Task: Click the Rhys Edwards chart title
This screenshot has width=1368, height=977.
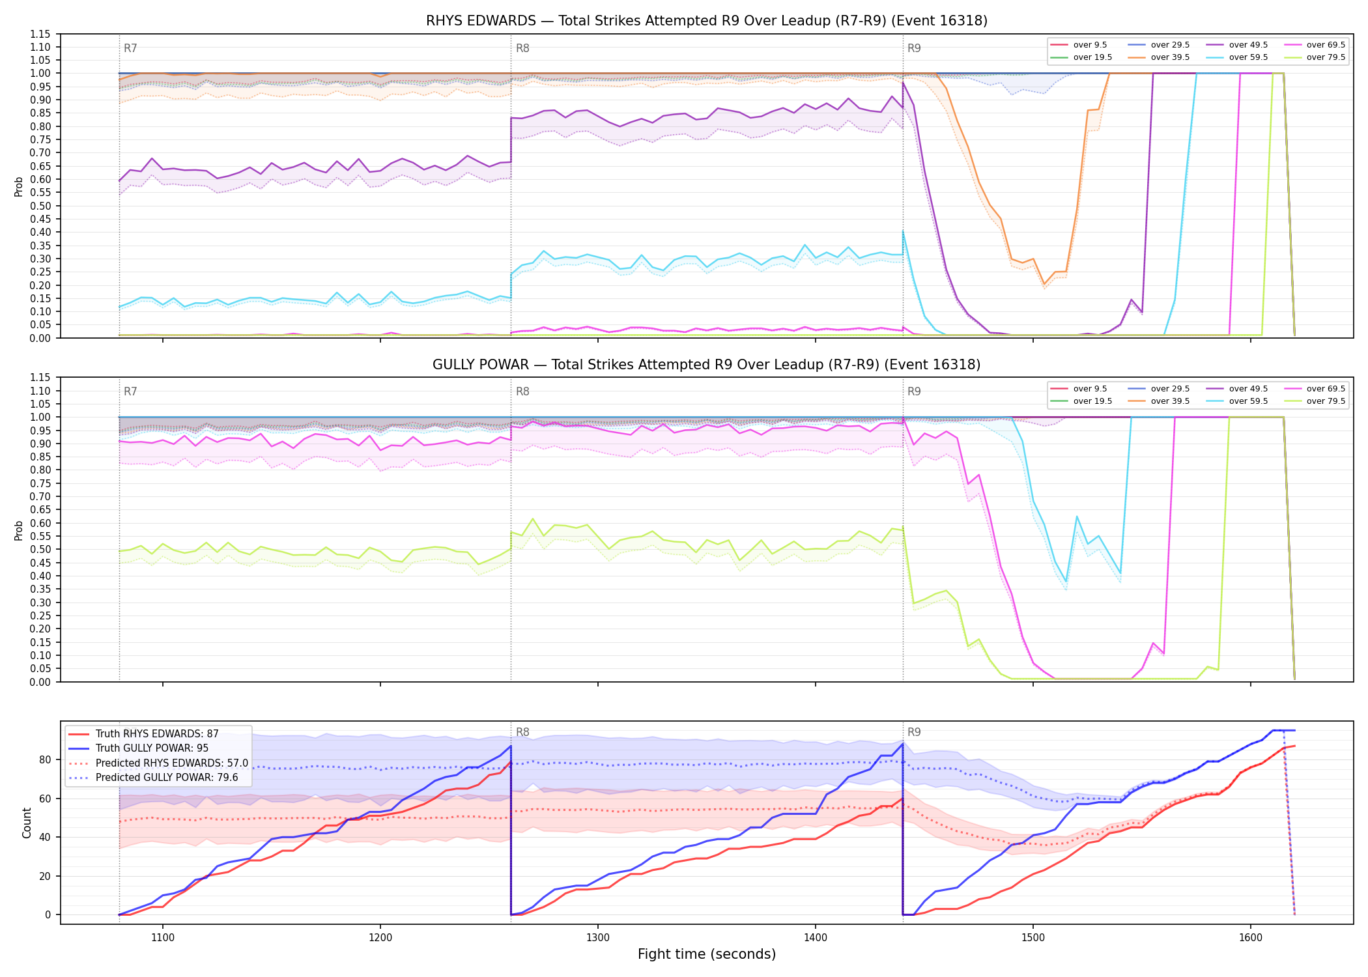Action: click(x=707, y=21)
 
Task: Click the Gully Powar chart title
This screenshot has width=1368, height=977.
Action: click(x=707, y=365)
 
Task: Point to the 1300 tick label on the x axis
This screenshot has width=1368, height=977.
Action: click(x=598, y=938)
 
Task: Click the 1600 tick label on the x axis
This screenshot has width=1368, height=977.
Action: click(x=1250, y=938)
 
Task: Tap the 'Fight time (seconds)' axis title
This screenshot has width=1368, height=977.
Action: click(x=707, y=954)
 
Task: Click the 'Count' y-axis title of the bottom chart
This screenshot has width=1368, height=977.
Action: click(x=27, y=823)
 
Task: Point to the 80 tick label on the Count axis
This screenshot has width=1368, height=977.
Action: click(x=45, y=759)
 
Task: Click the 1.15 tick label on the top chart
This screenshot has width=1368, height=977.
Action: click(x=40, y=34)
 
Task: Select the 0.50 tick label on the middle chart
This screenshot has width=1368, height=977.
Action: click(x=40, y=550)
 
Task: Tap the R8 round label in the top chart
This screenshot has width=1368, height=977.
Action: click(x=522, y=48)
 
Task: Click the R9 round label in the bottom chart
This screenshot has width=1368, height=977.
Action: click(x=914, y=732)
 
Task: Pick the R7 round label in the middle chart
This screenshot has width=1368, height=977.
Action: click(x=130, y=391)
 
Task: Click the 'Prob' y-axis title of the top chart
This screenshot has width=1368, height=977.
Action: click(x=19, y=187)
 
